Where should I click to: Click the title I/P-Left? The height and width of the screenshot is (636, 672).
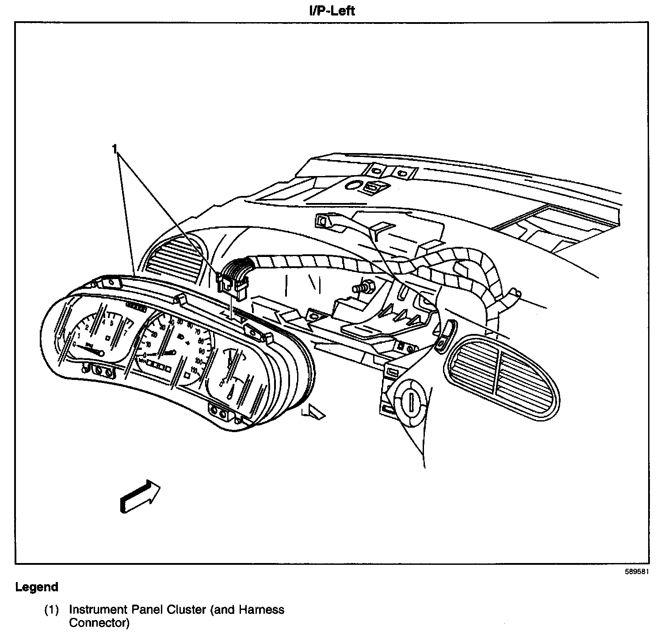coord(332,10)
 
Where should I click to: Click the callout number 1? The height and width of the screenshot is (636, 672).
coord(115,149)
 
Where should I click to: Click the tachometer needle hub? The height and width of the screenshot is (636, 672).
coord(101,353)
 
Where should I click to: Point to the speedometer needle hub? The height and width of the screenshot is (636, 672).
coord(173,352)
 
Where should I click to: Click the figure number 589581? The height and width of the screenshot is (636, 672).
coord(636,571)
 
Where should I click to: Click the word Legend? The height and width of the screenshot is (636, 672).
coord(37,587)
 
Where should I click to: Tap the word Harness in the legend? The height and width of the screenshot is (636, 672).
coord(261,609)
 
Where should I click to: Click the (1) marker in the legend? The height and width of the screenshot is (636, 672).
coord(51,610)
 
